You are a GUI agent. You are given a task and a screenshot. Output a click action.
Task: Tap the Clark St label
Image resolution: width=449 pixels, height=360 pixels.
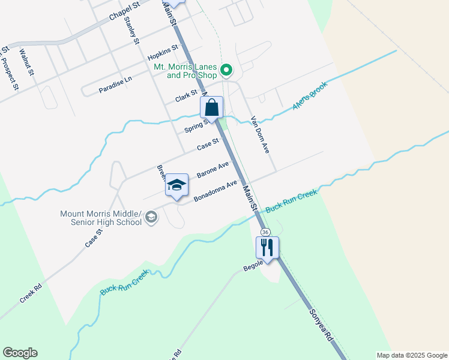(x=186, y=96)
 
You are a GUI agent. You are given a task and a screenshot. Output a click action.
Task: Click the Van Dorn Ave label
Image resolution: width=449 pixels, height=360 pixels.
(x=260, y=134)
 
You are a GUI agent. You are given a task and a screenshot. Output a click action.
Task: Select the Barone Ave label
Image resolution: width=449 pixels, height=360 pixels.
(x=213, y=169)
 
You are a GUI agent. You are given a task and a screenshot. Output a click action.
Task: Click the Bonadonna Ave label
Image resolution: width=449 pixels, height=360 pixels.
(x=215, y=191)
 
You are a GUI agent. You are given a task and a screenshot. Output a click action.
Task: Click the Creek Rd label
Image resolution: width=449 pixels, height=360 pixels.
(x=30, y=293)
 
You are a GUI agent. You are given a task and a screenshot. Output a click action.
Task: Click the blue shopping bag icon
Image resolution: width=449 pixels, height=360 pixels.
(x=212, y=108)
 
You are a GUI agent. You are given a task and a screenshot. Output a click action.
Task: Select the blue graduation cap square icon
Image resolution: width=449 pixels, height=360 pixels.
(x=177, y=185)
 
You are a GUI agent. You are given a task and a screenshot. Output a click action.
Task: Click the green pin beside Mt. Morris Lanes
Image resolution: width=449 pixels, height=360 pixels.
(x=226, y=71)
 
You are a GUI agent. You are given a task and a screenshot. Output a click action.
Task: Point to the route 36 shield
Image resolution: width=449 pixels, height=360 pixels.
(x=265, y=232)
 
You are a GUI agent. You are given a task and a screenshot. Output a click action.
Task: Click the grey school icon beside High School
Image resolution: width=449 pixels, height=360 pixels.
(x=151, y=217)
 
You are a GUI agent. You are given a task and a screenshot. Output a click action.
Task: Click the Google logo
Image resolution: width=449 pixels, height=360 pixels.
(x=20, y=353)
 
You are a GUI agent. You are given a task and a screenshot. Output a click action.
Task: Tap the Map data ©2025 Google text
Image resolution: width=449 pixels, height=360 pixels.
(x=412, y=355)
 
